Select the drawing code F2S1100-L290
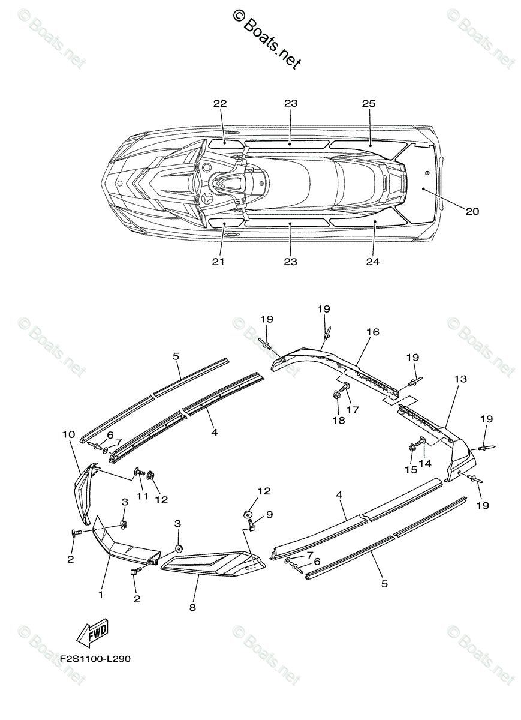[x=95, y=659]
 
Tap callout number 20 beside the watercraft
[x=472, y=211]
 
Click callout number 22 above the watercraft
[x=220, y=104]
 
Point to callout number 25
[x=368, y=104]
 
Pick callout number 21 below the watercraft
[x=218, y=262]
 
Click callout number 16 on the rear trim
[x=373, y=332]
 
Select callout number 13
[x=460, y=379]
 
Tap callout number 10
[x=68, y=434]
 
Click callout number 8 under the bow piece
[x=192, y=607]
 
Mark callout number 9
[x=269, y=514]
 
